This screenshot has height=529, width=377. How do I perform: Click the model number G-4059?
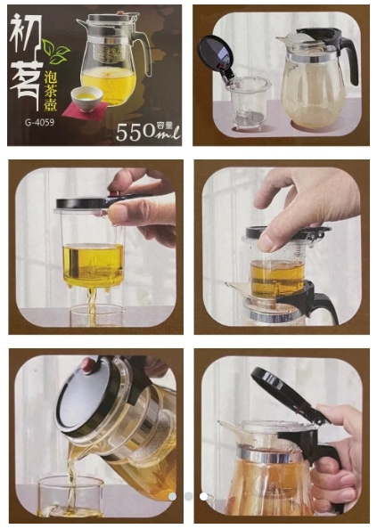(39, 122)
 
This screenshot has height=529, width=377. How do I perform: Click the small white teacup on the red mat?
(86, 94)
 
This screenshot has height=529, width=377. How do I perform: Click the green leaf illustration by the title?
(57, 52)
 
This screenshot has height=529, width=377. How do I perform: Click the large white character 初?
(26, 33)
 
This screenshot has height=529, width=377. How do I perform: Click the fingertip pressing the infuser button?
(268, 242)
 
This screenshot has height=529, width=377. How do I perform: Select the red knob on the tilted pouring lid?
(88, 365)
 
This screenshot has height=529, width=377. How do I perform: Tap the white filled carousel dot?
(203, 496)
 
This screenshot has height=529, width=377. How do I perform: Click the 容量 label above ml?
(165, 126)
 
